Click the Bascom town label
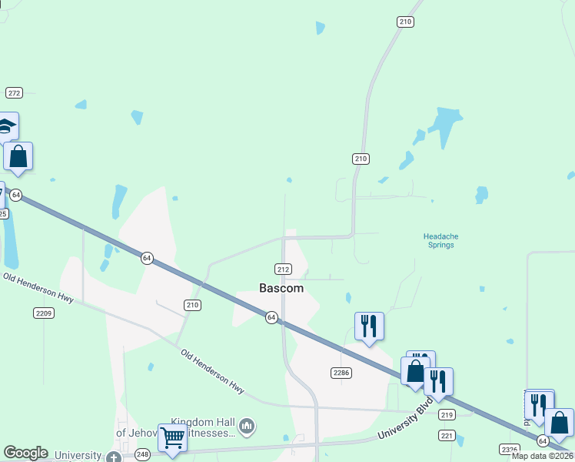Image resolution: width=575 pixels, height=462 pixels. coord(281,288)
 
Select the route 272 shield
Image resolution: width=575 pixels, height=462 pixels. coord(14,92)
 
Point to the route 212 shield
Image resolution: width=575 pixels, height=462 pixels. coord(283,269)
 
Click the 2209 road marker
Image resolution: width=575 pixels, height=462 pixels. coord(43,313)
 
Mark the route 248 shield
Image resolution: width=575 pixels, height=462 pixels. coord(143,456)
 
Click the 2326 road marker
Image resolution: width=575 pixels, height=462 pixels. coord(509,449)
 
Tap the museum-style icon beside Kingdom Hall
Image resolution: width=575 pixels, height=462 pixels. coord(247,425)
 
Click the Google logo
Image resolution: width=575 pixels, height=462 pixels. coord(25,453)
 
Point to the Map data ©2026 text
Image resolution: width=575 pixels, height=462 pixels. coord(543,456)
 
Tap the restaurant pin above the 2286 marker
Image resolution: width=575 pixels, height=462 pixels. coord(369,326)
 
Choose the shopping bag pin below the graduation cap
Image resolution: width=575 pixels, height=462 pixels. coord(18,156)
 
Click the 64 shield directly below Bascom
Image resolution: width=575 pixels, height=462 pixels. coord(271,317)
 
